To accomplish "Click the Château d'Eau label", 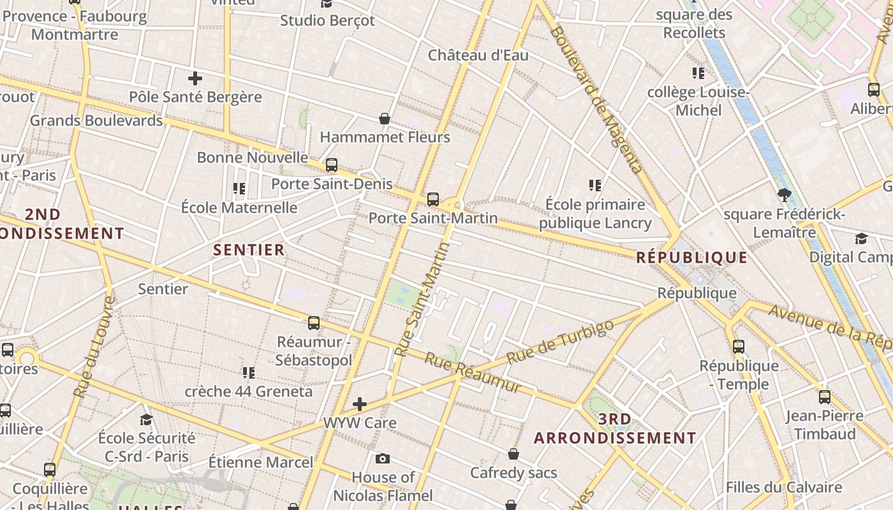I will tap(478, 55).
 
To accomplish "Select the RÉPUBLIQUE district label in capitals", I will tap(691, 258).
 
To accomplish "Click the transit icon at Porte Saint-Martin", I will tap(433, 200).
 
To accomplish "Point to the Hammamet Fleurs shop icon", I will tap(385, 119).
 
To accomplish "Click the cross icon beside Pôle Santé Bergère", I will tap(195, 78).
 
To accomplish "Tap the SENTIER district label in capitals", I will tap(249, 250).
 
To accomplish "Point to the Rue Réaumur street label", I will tap(472, 373).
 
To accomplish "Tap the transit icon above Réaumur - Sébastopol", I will tap(314, 323).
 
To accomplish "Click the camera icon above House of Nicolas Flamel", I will tap(383, 458).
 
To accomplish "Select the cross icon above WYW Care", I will tap(360, 404).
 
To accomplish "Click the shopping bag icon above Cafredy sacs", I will tap(513, 454).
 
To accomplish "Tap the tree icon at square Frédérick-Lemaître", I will tap(785, 195).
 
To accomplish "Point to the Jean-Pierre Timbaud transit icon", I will tap(825, 397).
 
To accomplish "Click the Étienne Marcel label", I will tap(261, 462).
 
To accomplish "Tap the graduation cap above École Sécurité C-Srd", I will tap(147, 419).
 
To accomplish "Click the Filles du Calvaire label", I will tap(784, 488).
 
